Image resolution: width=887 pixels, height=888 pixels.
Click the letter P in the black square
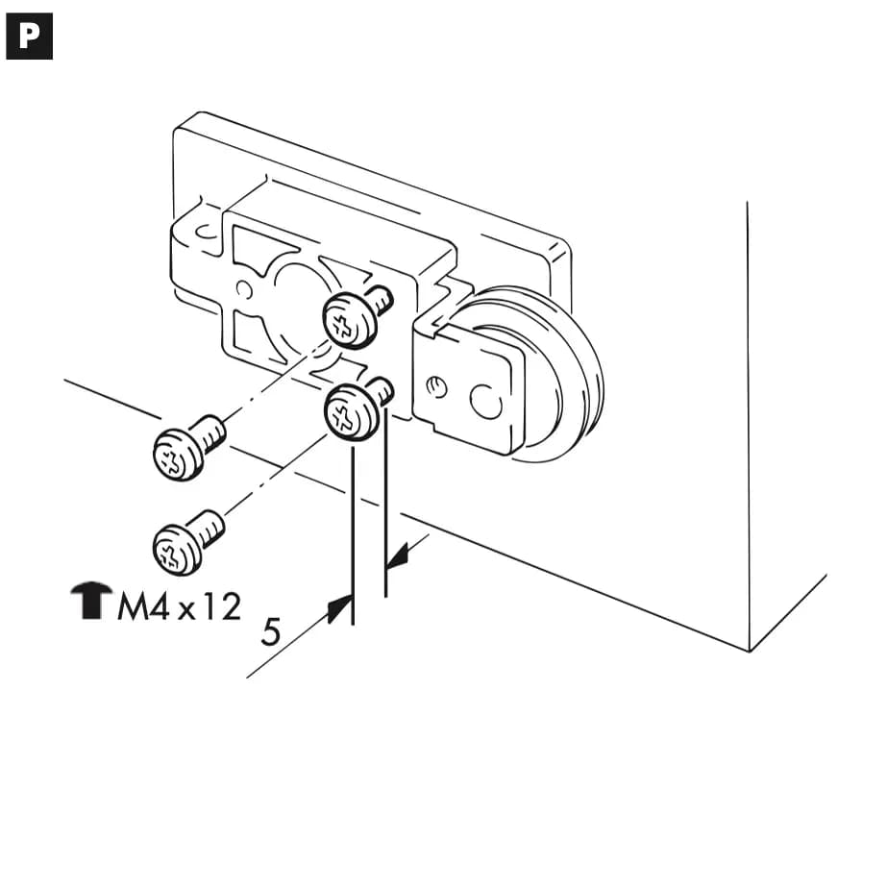click(x=29, y=37)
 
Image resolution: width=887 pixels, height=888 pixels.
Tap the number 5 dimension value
click(x=271, y=631)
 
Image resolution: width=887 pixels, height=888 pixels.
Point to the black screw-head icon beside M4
click(x=90, y=601)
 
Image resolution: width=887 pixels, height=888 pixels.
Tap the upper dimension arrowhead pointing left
click(x=398, y=555)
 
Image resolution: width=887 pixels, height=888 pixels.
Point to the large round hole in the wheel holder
click(x=486, y=402)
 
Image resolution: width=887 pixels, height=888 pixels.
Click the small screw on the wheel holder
click(x=436, y=387)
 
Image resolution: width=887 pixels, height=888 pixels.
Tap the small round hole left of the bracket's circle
click(x=244, y=289)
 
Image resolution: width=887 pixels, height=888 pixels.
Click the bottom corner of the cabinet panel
click(x=749, y=652)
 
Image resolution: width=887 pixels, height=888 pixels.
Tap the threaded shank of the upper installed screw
click(x=382, y=298)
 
